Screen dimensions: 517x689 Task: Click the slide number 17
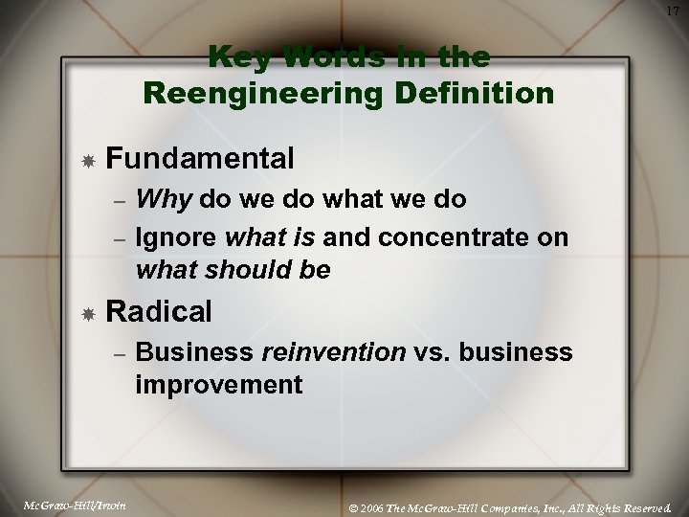point(673,11)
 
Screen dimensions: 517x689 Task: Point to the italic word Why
point(165,200)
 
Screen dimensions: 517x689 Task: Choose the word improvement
point(219,386)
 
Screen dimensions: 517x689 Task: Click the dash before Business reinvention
point(118,353)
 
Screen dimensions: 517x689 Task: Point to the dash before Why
point(118,202)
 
